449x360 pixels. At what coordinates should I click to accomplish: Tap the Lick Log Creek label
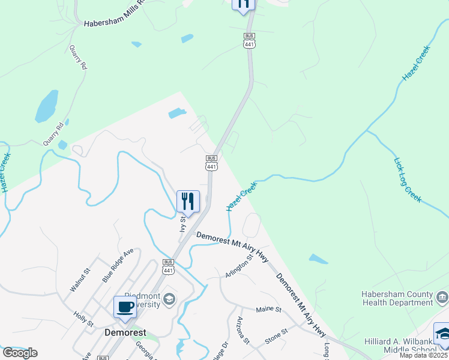point(408,179)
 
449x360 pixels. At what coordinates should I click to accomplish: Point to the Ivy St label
point(183,224)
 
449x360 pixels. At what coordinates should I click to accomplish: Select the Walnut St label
point(80,280)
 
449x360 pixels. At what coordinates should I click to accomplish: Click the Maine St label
point(268,310)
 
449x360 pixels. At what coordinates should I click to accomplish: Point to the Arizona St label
point(243,330)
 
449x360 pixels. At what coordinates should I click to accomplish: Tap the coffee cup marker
point(125,307)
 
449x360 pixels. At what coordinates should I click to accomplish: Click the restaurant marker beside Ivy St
point(188,201)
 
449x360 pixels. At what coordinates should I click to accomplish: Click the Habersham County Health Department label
point(397,298)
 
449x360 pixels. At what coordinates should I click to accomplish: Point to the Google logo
point(20,353)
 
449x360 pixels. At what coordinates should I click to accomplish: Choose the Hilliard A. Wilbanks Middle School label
point(400,346)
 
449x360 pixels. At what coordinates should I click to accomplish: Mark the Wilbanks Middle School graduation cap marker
point(443,334)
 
